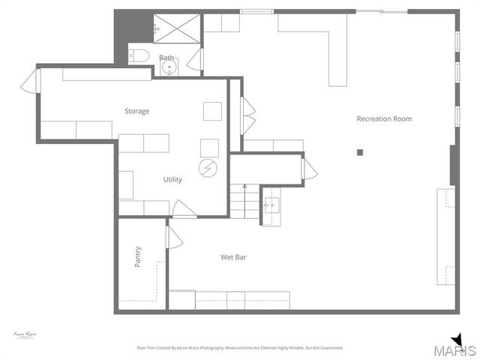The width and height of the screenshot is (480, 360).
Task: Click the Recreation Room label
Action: click(384, 118)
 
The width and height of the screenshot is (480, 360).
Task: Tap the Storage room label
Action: click(136, 111)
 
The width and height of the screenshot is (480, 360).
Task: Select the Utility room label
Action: click(172, 179)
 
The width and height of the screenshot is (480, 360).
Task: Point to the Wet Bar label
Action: click(233, 257)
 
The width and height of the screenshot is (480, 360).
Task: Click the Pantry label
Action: click(138, 256)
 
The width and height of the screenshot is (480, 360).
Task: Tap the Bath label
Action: click(166, 58)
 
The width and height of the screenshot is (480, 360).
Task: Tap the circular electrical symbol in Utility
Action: click(208, 168)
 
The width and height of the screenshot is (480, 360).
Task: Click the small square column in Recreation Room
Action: click(360, 152)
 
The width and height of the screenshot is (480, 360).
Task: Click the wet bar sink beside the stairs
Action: click(271, 202)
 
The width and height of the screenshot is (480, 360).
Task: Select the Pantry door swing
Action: click(174, 238)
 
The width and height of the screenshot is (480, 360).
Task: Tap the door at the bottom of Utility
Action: click(184, 209)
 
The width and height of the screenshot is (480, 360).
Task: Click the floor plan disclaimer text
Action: click(239, 348)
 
